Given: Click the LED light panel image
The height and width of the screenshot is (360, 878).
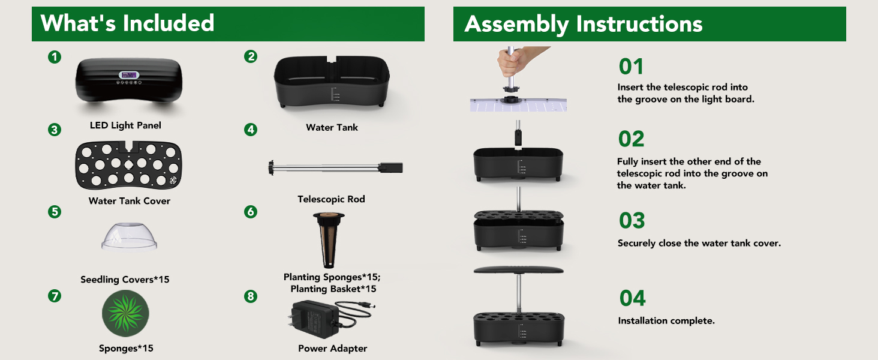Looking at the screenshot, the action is tap(128, 80).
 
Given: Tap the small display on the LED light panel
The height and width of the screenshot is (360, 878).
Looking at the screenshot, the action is tap(129, 75).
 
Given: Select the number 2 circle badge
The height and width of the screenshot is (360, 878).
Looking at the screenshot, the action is tap(251, 56).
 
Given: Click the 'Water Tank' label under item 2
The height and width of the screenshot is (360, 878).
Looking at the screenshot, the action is tap(332, 127).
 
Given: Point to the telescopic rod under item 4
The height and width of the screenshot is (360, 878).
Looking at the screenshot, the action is tap(335, 168).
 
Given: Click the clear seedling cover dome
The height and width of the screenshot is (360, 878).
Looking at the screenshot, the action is tap(129, 236).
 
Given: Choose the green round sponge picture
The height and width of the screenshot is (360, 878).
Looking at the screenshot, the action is tap(125, 313).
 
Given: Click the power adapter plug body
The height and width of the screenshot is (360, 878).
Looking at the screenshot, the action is tap(314, 319).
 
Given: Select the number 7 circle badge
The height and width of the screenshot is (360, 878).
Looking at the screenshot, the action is tap(55, 296).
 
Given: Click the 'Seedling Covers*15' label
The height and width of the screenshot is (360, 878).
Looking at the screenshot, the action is tap(125, 280).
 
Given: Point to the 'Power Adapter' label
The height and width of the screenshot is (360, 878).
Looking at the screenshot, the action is tap(332, 348).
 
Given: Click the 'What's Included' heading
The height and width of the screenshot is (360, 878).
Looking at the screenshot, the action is tap(127, 23).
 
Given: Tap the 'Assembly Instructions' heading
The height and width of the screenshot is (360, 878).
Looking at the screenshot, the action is tap(584, 24).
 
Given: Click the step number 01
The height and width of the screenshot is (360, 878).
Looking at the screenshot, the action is tap(631, 67).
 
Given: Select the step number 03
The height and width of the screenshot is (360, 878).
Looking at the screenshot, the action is tap(632, 220).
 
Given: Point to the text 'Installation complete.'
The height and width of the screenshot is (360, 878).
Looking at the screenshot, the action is tap(666, 321).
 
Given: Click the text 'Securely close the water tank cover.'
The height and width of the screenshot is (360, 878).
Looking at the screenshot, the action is tap(699, 243).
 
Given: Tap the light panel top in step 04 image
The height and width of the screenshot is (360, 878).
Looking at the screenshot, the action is tap(519, 270).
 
